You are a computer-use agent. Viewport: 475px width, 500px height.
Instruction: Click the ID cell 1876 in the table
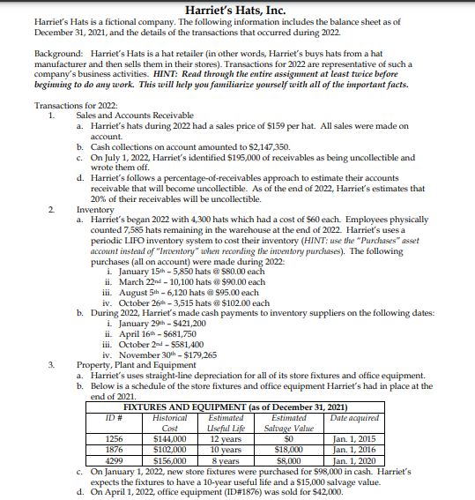point(114,447)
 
